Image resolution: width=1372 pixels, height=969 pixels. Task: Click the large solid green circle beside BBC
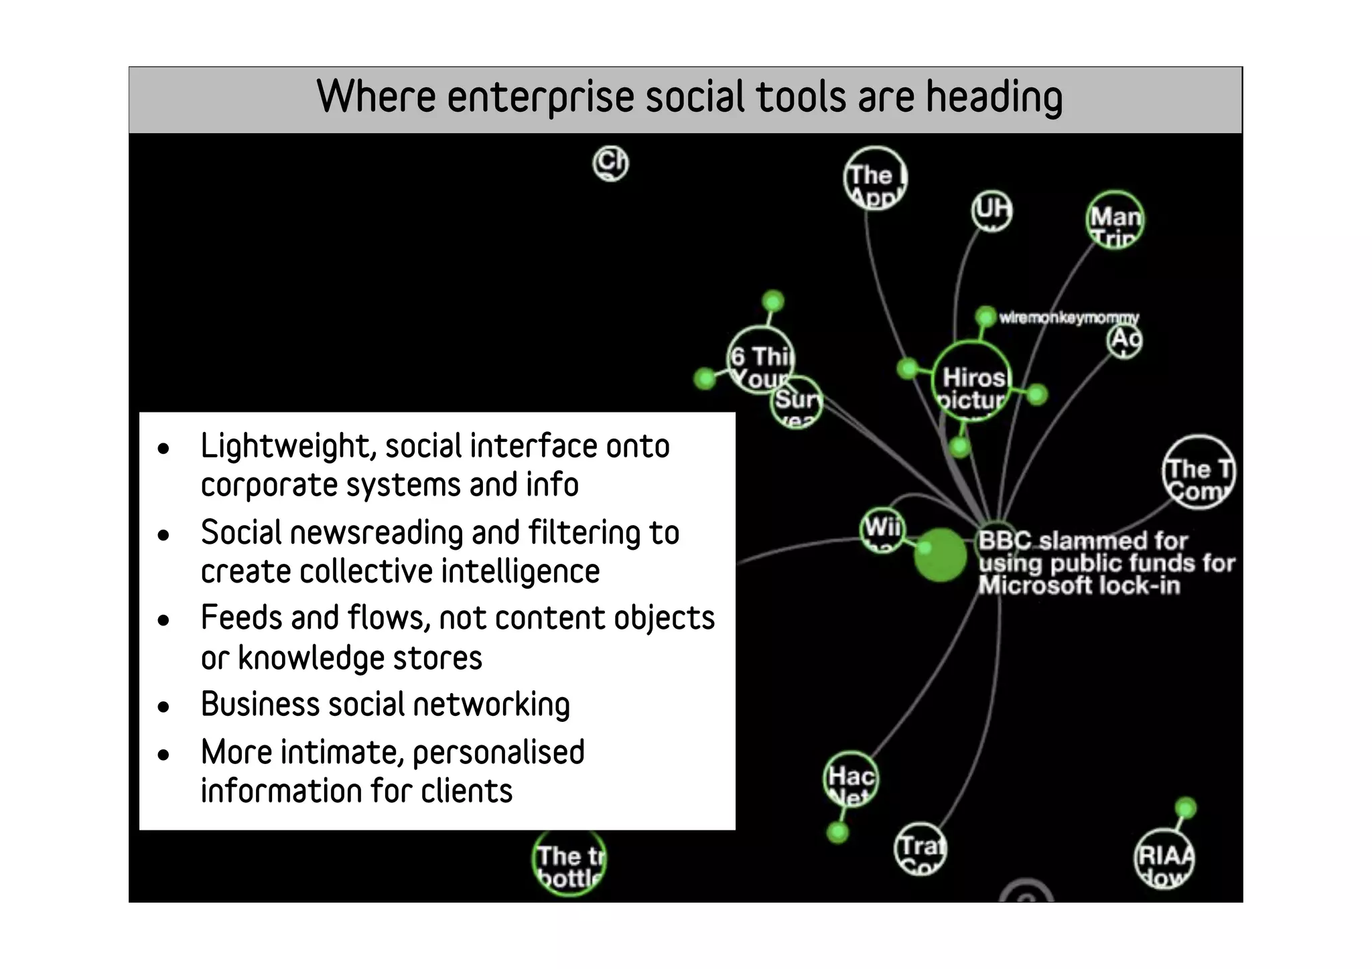point(941,554)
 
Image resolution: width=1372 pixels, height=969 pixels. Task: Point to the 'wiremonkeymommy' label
point(1069,317)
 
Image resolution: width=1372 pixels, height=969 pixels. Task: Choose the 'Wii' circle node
point(882,530)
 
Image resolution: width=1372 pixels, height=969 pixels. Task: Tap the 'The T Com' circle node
point(1198,473)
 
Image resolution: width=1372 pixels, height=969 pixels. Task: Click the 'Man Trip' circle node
point(1115,220)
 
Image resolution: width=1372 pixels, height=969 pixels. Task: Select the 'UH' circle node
point(991,211)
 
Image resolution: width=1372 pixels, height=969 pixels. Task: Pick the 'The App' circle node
point(875,178)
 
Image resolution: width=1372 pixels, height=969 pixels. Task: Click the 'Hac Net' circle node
point(850,779)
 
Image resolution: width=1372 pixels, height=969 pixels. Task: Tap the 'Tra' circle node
point(920,849)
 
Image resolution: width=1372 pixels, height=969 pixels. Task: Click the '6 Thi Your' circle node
point(760,360)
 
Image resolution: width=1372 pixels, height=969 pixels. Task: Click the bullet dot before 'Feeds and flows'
point(163,621)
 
